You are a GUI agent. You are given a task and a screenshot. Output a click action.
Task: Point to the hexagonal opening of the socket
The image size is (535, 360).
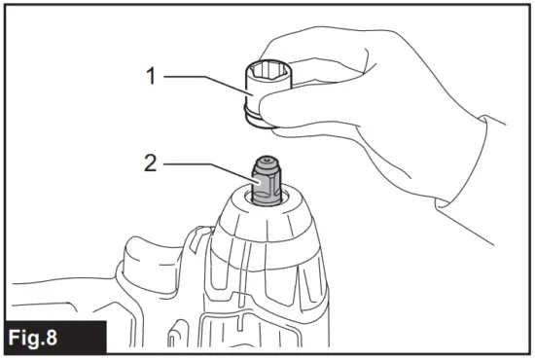[268, 67]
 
